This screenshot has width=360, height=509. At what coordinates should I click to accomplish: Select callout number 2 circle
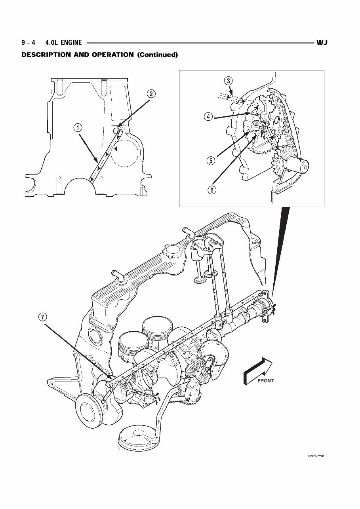[x=151, y=94]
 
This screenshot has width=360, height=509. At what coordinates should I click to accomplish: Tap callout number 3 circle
[x=228, y=81]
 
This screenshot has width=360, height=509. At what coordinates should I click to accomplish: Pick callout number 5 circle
[x=210, y=160]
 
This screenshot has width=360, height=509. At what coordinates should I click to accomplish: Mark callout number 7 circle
[x=43, y=317]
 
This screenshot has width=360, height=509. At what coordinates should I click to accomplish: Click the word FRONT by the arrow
[x=266, y=380]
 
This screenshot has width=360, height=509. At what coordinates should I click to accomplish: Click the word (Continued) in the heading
[x=157, y=55]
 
